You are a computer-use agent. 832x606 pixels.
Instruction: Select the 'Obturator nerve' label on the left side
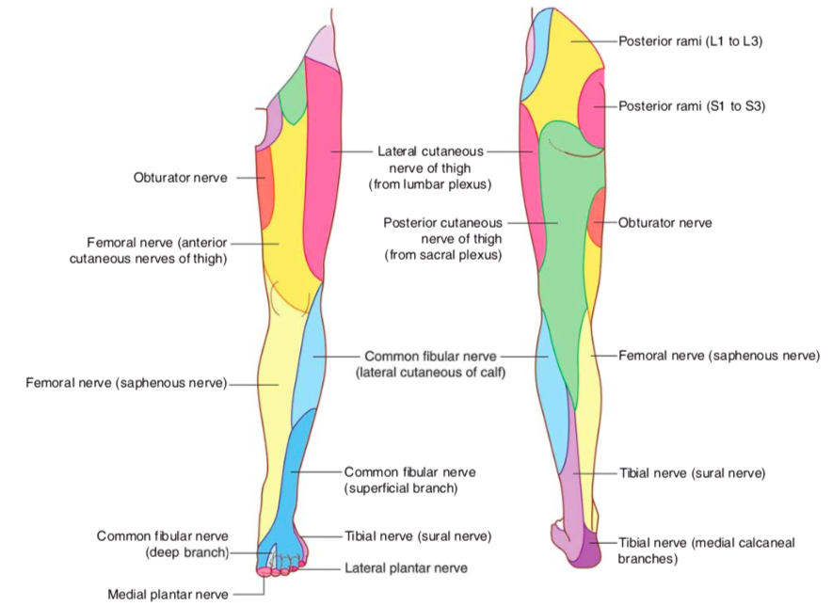click(x=180, y=177)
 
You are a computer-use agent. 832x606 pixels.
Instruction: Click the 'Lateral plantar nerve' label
click(x=406, y=568)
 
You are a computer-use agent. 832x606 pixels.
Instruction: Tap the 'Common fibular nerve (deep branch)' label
click(x=163, y=544)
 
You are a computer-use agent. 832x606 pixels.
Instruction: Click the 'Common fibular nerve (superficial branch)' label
click(x=410, y=479)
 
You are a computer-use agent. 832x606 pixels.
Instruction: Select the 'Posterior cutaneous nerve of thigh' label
click(x=442, y=239)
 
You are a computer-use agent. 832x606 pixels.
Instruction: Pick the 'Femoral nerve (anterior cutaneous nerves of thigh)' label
click(x=149, y=250)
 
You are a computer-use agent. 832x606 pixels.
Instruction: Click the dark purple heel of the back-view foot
click(x=591, y=550)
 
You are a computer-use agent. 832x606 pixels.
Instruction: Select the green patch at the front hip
click(x=295, y=94)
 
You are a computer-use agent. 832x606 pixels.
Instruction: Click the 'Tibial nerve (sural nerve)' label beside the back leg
click(x=692, y=472)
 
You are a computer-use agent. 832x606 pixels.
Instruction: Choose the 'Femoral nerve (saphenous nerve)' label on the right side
click(x=719, y=356)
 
